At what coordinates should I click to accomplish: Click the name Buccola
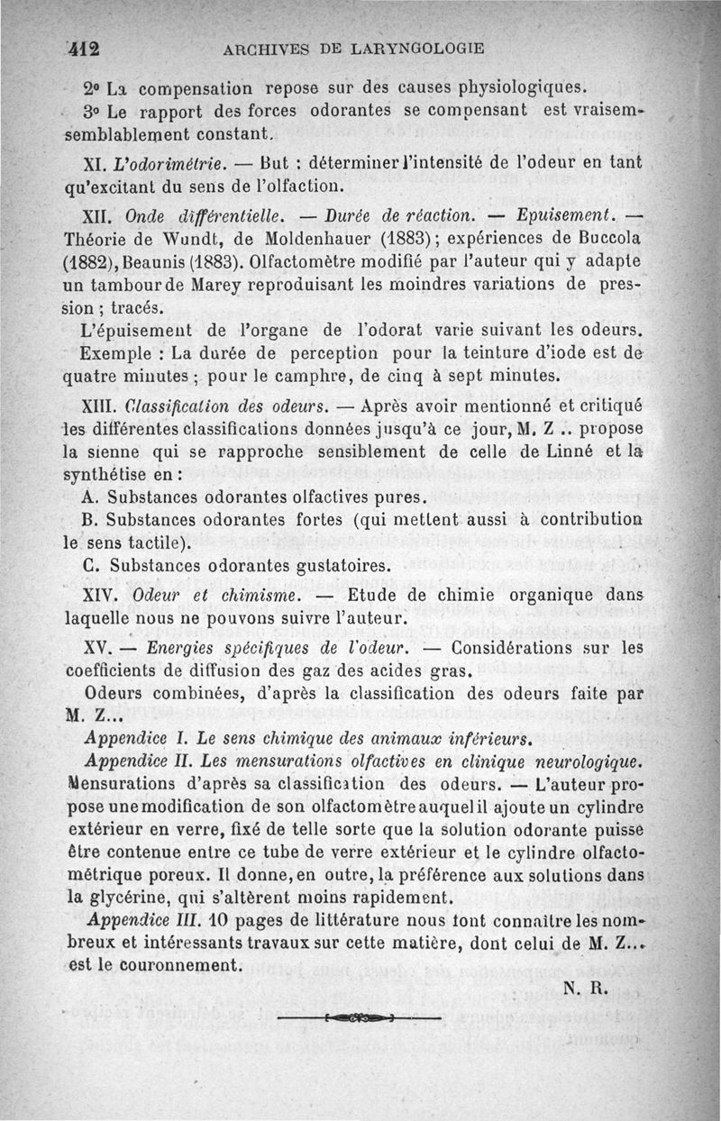point(616,242)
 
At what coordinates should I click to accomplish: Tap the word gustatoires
point(341,567)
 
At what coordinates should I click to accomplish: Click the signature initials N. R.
point(587,987)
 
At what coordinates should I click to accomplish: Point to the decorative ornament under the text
point(360,1018)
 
